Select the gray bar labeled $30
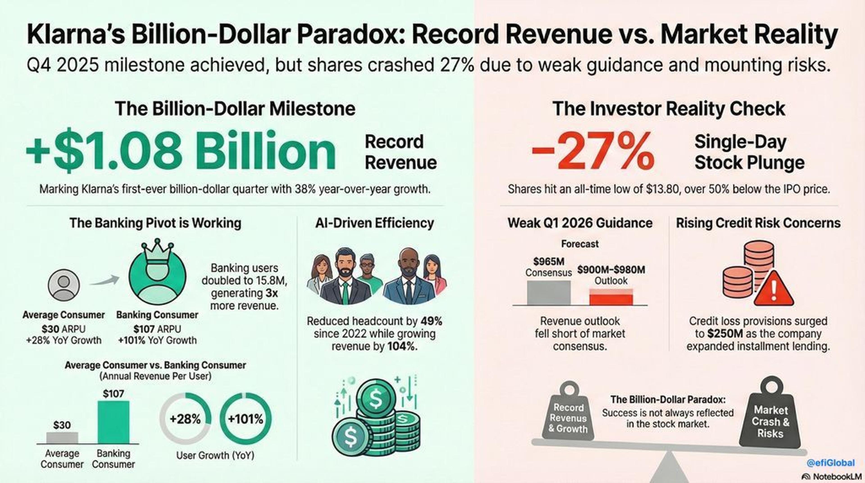coord(62,438)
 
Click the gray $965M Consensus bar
coord(549,293)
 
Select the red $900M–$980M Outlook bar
coord(611,297)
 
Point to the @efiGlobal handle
coord(831,463)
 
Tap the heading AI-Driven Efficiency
coord(374,223)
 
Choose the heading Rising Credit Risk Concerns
coord(758,223)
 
